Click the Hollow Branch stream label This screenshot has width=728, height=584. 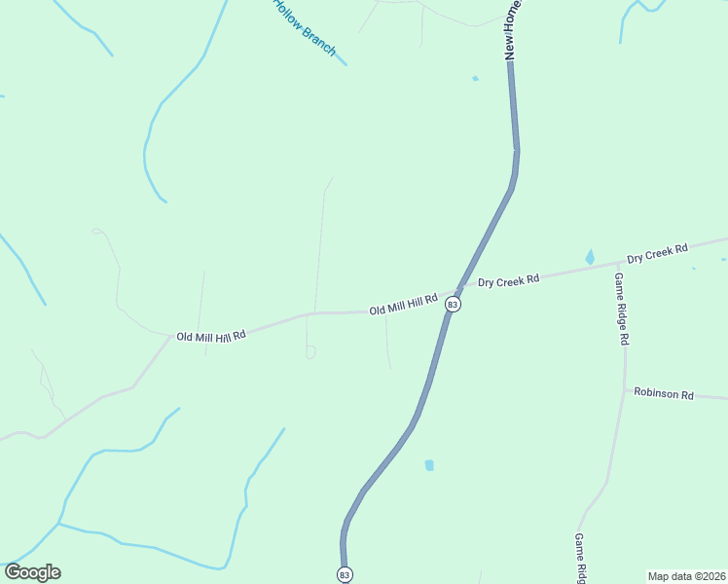point(304,27)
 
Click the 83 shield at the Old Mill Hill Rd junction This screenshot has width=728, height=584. point(453,305)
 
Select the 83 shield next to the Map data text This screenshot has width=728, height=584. point(345,575)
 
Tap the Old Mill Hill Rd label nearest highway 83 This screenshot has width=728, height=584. point(404,308)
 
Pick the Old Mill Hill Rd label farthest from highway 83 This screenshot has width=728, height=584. point(210,335)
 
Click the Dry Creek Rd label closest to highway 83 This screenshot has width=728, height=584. point(508,280)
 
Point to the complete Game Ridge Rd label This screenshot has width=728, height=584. point(621,309)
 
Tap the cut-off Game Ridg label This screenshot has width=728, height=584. point(579,558)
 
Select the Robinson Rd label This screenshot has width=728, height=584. point(663,394)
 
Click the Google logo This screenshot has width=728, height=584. point(32,572)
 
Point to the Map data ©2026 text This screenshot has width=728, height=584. point(686,575)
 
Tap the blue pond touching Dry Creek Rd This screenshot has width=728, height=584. point(590,257)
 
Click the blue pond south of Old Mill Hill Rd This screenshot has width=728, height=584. point(429,465)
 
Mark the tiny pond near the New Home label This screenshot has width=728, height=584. point(475,78)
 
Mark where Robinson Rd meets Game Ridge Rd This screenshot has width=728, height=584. point(624,390)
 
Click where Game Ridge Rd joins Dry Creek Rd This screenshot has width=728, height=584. point(618,264)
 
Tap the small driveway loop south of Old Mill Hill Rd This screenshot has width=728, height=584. point(310,353)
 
